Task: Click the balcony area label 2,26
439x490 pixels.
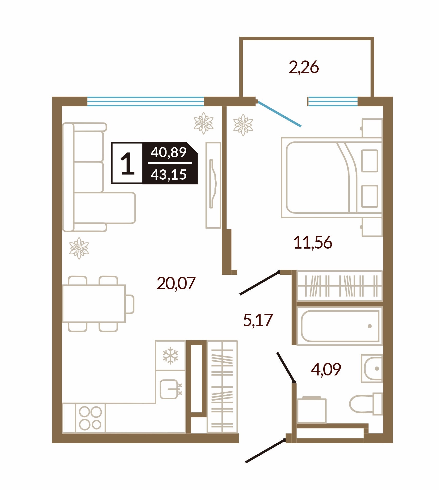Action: tap(304, 67)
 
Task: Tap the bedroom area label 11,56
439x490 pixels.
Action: tap(313, 242)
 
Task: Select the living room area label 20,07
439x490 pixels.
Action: tap(176, 283)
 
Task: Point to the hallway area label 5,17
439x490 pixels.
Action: tap(258, 320)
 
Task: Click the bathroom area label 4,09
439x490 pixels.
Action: tap(326, 369)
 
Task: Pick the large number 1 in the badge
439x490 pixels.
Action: tap(128, 163)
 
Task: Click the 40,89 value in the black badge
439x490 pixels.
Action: tap(169, 152)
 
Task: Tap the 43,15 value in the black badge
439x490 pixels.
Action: tap(169, 175)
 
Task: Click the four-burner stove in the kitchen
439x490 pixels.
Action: tap(90, 418)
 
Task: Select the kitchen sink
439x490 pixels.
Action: tap(169, 389)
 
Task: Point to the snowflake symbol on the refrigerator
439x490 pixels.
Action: tap(170, 356)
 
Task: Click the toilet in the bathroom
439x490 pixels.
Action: tap(366, 404)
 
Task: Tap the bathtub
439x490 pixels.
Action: tap(340, 326)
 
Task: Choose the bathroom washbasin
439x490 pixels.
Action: tap(372, 369)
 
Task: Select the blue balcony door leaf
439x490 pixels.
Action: tap(279, 114)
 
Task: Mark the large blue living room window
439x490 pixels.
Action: tap(145, 101)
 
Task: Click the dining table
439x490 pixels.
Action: tap(94, 304)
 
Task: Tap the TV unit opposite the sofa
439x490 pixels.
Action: tap(213, 185)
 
